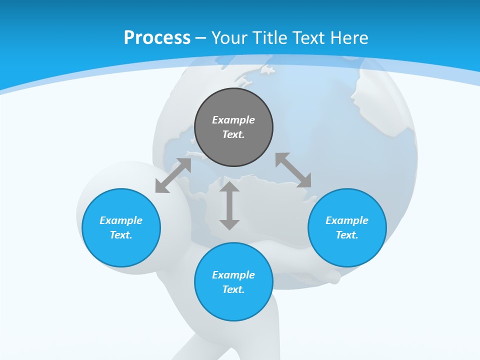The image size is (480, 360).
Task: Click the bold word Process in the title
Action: [157, 38]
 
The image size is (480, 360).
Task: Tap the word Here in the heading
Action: [348, 38]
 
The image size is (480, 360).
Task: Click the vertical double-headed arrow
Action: [229, 206]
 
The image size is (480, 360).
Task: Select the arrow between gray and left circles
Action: [173, 175]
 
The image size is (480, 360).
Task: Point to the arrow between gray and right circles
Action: [293, 170]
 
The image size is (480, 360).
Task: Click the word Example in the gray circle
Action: [233, 120]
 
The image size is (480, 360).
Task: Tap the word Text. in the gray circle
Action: [233, 134]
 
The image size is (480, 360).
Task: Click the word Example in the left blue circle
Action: [121, 220]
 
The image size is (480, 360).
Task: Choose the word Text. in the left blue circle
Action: [121, 235]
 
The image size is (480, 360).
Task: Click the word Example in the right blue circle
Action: [347, 220]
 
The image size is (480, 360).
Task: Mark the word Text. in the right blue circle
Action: [347, 235]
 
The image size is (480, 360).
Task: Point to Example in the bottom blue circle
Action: [233, 275]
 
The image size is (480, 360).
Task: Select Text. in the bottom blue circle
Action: [233, 289]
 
